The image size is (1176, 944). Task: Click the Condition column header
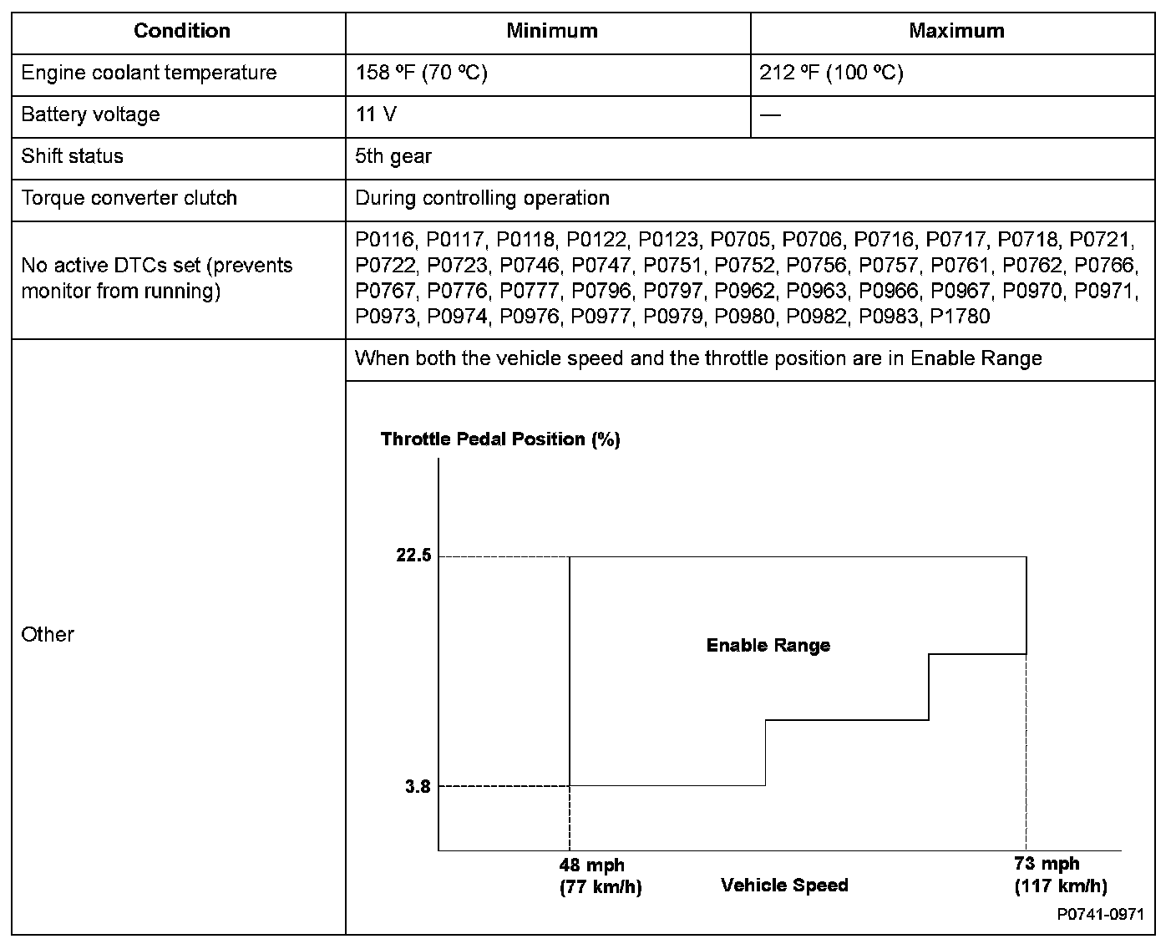click(x=181, y=31)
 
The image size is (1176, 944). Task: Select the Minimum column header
click(x=552, y=31)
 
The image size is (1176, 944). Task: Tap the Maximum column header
click(x=956, y=31)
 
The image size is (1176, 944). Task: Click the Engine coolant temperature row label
click(x=149, y=73)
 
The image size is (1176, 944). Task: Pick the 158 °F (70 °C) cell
click(x=421, y=73)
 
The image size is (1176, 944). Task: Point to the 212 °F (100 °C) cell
click(x=831, y=73)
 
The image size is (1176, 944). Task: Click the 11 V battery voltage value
click(x=376, y=114)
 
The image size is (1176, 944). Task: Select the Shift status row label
click(x=72, y=156)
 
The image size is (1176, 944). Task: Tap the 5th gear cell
click(x=393, y=156)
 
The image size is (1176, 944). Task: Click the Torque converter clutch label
click(x=129, y=198)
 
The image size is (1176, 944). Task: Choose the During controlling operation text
click(x=482, y=198)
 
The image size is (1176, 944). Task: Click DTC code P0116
click(x=384, y=241)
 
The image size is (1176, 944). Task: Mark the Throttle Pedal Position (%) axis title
click(x=500, y=439)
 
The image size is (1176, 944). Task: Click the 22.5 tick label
click(x=413, y=556)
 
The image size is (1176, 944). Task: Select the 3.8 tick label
click(x=418, y=787)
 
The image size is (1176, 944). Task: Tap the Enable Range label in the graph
click(x=768, y=645)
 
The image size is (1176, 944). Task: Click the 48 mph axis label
click(x=592, y=865)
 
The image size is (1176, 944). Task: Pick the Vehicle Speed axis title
click(x=784, y=886)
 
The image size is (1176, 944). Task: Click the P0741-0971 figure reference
click(x=1100, y=915)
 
